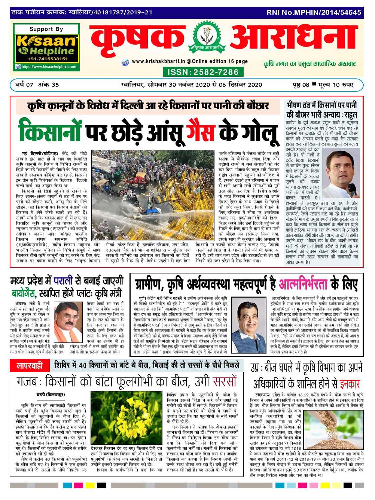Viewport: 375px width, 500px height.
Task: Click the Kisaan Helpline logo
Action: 46,46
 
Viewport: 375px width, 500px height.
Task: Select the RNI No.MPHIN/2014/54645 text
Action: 314,12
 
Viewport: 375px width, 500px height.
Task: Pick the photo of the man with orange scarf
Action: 68,322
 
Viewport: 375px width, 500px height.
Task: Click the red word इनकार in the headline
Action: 350,384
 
